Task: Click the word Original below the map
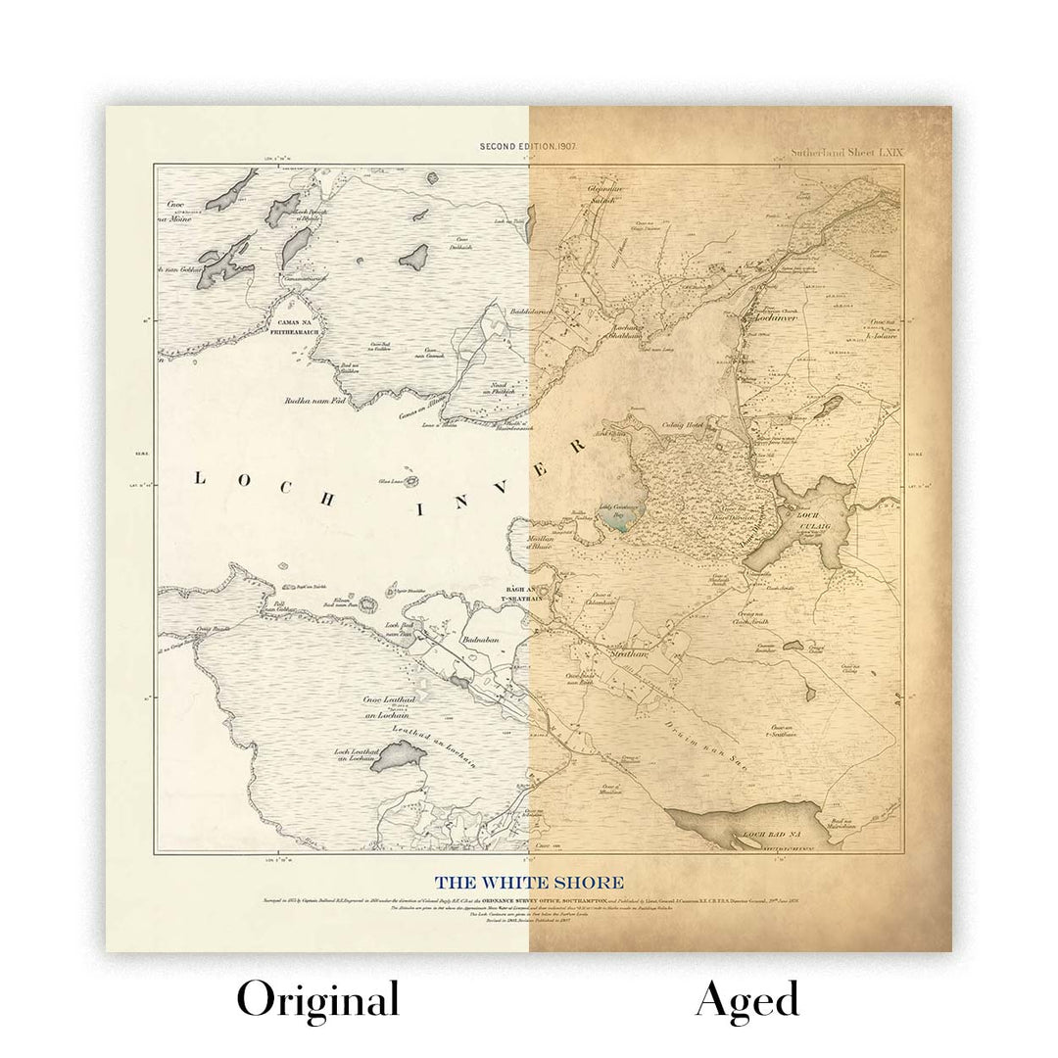pyautogui.click(x=317, y=1000)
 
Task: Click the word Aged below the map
pyautogui.click(x=747, y=1000)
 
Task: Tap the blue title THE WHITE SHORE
pyautogui.click(x=529, y=884)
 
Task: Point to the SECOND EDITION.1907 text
pyautogui.click(x=527, y=145)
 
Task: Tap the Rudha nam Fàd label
pyautogui.click(x=310, y=400)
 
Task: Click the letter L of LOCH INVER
pyautogui.click(x=200, y=478)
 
